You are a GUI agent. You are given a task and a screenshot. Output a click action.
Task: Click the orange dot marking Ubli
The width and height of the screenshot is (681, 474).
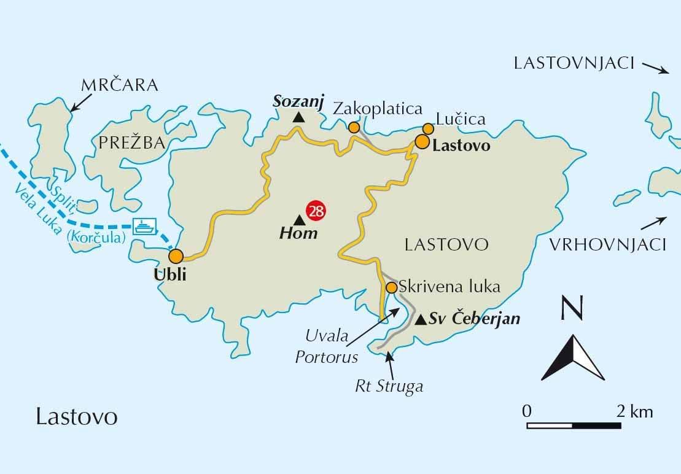point(176,256)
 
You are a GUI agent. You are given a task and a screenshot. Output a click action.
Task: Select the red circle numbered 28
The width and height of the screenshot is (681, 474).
point(316,211)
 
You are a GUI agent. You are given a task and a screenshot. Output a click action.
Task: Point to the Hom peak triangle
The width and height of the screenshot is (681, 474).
point(298,220)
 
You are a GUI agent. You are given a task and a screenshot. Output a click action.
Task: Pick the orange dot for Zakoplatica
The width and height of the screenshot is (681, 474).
point(354,127)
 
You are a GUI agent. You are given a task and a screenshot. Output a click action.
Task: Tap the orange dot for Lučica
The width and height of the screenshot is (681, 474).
point(427,128)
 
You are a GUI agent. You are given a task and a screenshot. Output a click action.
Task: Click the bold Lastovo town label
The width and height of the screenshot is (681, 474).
point(461,146)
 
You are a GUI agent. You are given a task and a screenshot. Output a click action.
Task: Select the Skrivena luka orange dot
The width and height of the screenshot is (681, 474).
point(391,287)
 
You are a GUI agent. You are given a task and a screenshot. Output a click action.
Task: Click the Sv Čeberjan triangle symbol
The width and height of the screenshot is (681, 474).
point(421,320)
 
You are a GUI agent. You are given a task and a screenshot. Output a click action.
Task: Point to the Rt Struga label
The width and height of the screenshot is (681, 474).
point(389,387)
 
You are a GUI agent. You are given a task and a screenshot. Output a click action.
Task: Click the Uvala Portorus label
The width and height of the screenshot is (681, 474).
point(326,346)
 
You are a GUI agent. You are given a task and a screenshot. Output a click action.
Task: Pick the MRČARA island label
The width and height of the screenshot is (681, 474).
point(119,85)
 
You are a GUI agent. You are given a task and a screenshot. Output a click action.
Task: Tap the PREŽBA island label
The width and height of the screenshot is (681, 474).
point(131,143)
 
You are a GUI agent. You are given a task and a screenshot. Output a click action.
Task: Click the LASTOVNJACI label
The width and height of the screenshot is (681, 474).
point(574,63)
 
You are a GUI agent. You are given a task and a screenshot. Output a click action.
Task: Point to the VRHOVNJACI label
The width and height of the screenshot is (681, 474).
point(607,245)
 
